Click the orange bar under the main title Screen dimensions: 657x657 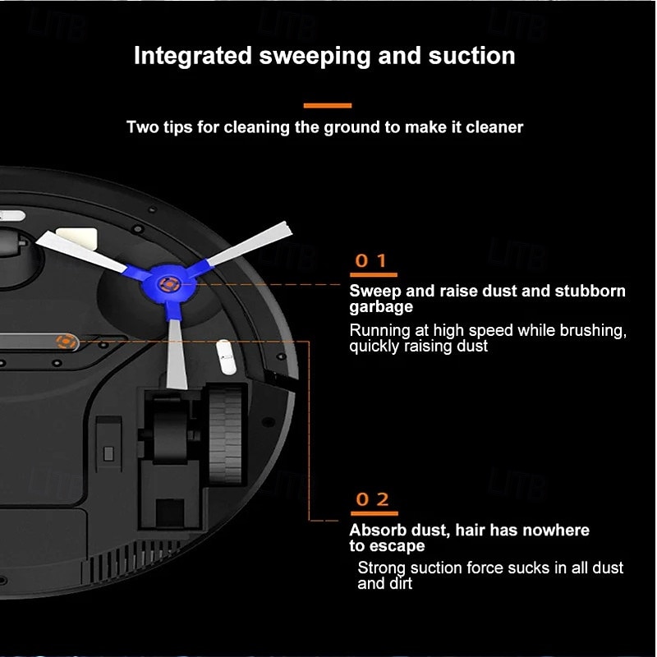click(x=328, y=105)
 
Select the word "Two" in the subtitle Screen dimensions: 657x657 click(x=142, y=127)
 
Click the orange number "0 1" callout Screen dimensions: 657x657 click(x=371, y=261)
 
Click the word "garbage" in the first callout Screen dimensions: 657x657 click(x=381, y=306)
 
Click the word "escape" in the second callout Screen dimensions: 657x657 click(x=397, y=546)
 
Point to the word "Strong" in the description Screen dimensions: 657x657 click(x=382, y=567)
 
